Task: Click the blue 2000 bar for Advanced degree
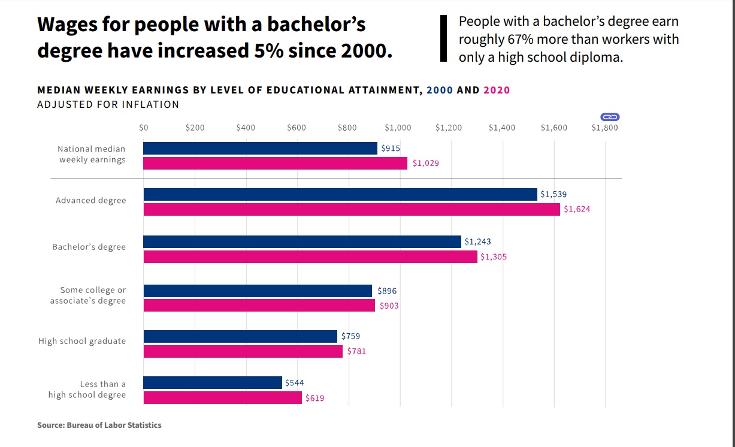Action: click(x=340, y=194)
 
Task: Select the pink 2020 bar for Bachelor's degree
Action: click(x=310, y=256)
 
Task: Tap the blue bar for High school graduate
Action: click(x=240, y=336)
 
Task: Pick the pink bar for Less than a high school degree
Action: click(x=222, y=397)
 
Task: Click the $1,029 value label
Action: click(x=425, y=163)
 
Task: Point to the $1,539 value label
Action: click(x=553, y=194)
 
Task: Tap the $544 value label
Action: click(x=294, y=382)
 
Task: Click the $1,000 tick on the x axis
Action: click(x=398, y=128)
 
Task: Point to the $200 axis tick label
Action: click(x=195, y=128)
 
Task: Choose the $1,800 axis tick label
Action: click(x=604, y=128)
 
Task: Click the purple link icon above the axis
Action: click(x=609, y=117)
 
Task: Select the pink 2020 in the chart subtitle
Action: click(x=497, y=90)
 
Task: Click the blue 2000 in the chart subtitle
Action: click(x=440, y=90)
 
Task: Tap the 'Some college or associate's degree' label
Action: click(x=88, y=295)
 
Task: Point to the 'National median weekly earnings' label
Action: click(x=92, y=154)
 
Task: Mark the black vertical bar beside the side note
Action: click(x=444, y=38)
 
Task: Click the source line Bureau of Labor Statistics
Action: click(x=99, y=425)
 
